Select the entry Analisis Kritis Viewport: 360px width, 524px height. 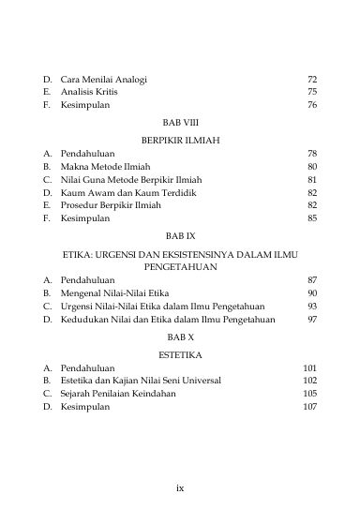pyautogui.click(x=92, y=93)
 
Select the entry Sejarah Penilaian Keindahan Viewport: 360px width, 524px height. pyautogui.click(x=121, y=395)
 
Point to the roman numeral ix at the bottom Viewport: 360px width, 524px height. pyautogui.click(x=180, y=487)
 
